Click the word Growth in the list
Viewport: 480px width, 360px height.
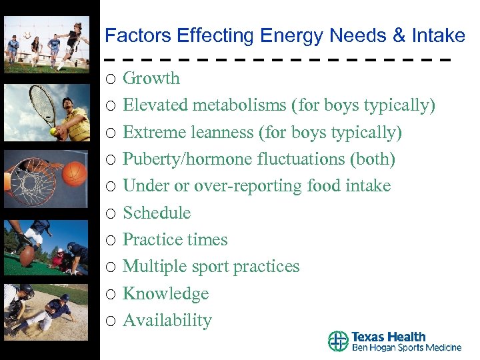[x=151, y=79]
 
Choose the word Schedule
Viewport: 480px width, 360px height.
[x=157, y=213]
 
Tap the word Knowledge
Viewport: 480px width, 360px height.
[x=165, y=294]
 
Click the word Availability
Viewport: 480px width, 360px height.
[x=167, y=321]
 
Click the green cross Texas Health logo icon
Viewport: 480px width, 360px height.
[x=339, y=341]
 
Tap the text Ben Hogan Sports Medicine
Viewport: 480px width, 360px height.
[x=406, y=347]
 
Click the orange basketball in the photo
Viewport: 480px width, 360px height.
[x=75, y=173]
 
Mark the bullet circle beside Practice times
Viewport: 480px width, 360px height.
[x=111, y=241]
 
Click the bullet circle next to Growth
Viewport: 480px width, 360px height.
[x=111, y=79]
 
